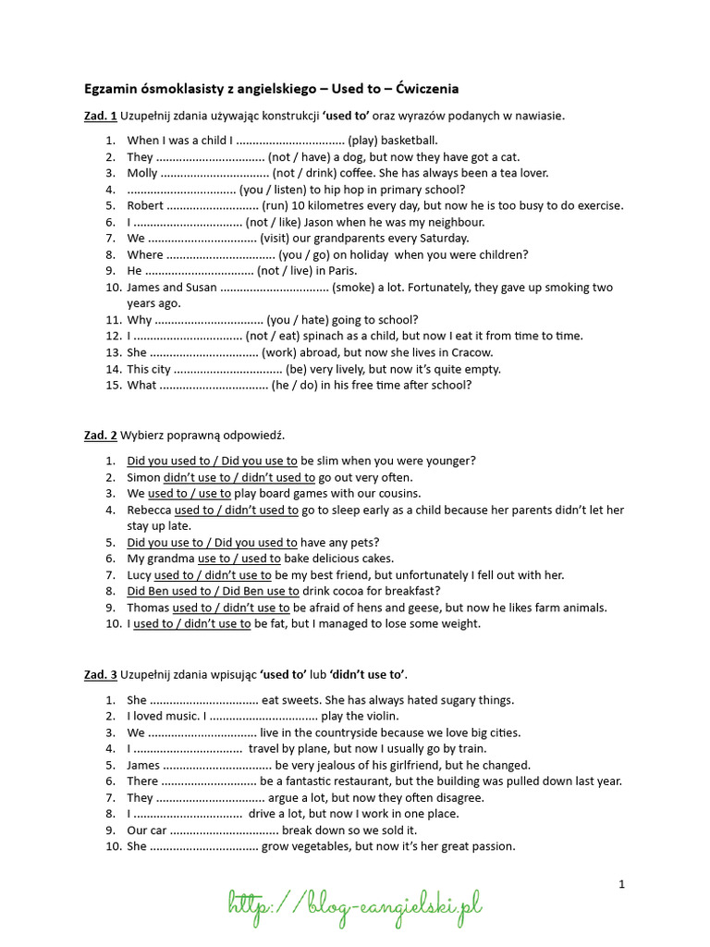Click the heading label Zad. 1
tap(100, 116)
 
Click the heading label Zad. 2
tap(100, 435)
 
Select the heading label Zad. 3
tap(100, 674)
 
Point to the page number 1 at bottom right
tap(622, 884)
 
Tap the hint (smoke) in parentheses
tap(358, 288)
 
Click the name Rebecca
tap(149, 510)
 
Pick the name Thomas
tap(148, 608)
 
